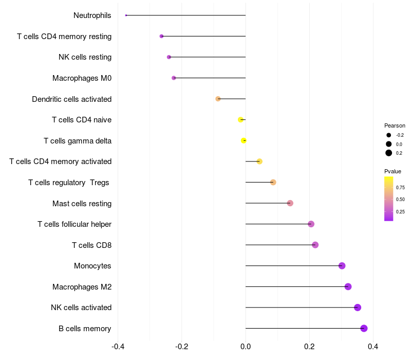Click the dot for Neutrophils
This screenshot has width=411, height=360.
point(126,15)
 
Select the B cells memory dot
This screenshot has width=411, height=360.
point(364,328)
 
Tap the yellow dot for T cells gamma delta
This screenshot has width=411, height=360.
point(244,140)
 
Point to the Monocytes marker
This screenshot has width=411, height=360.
point(342,266)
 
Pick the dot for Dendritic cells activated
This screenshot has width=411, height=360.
point(218,99)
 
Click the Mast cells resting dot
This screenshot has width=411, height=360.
point(290,203)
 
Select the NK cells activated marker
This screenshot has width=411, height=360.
point(358,308)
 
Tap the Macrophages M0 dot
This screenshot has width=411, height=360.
point(174,78)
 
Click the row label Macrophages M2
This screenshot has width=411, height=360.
point(82,287)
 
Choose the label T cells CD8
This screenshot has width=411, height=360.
point(92,245)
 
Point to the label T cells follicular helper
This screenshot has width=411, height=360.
point(74,224)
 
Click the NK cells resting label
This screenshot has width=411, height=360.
point(85,57)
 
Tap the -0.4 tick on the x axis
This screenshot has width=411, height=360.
point(118,347)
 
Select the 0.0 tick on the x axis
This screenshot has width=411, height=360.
point(246,347)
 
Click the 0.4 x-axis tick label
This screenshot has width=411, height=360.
point(373,347)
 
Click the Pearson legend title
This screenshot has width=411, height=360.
point(395,125)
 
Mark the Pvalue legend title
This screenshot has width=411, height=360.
point(393,171)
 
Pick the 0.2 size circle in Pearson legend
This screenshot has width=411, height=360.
point(389,153)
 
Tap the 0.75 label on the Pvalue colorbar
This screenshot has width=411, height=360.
point(400,188)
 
